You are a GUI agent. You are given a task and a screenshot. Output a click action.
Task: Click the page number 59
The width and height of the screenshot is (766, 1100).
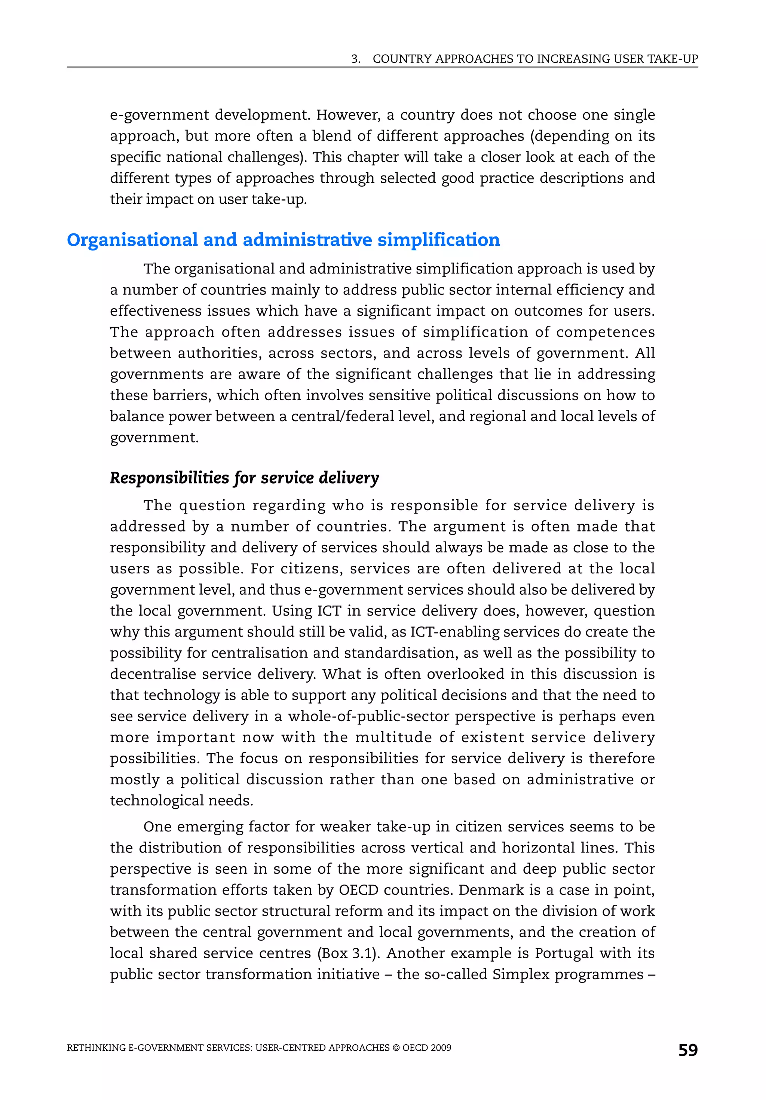[x=687, y=1050]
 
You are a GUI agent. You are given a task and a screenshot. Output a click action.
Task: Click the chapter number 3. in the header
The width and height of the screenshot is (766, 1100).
[x=355, y=59]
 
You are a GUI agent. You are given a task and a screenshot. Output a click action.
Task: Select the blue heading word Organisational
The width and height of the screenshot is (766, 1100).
[x=132, y=240]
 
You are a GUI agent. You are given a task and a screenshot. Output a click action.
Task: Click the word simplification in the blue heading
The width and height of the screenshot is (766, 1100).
[x=438, y=240]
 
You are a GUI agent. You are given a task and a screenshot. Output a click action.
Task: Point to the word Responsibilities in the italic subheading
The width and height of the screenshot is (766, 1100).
[x=169, y=478]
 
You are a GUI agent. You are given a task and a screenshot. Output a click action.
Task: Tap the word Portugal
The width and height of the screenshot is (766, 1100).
[x=564, y=953]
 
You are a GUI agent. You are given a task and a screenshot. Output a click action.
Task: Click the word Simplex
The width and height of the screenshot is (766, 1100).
[x=521, y=974]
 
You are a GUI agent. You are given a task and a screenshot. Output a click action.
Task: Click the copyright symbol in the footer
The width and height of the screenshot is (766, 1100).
[x=396, y=1048]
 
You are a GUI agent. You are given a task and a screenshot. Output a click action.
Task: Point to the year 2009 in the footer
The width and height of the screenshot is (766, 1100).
[x=441, y=1048]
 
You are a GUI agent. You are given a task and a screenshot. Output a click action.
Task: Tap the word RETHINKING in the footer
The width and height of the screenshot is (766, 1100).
[x=96, y=1048]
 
